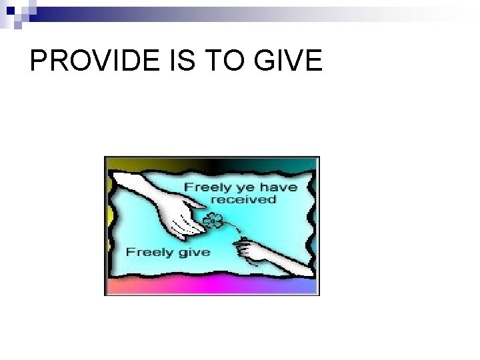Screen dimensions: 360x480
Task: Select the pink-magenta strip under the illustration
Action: pyautogui.click(x=212, y=287)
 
